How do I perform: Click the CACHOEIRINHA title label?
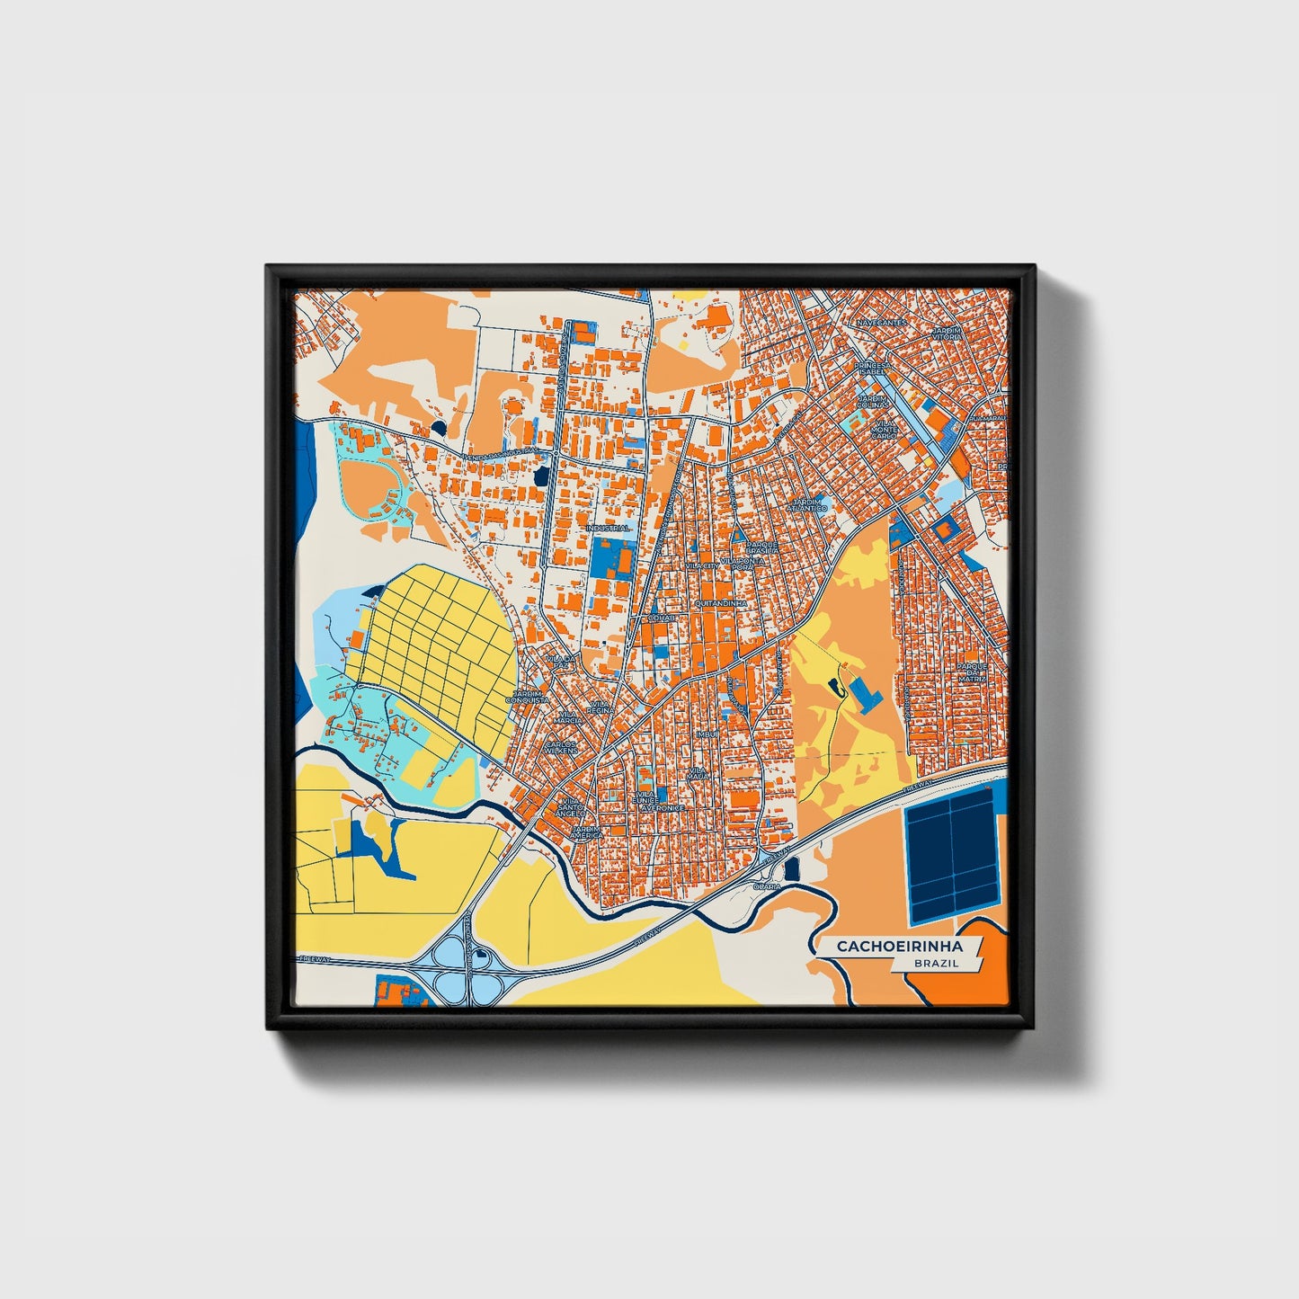pos(899,947)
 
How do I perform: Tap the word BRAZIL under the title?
pos(936,963)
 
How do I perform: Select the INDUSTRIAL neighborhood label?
pos(608,529)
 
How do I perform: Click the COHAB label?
pos(660,618)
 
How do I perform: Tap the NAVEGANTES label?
pos(882,322)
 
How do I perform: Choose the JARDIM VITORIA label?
pos(947,334)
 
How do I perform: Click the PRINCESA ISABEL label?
pos(872,369)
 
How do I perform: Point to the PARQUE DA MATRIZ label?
pos(972,672)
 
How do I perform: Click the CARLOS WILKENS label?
pos(561,747)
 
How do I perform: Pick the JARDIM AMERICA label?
pos(586,832)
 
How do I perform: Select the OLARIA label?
pos(767,885)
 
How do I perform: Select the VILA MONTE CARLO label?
pos(885,429)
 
